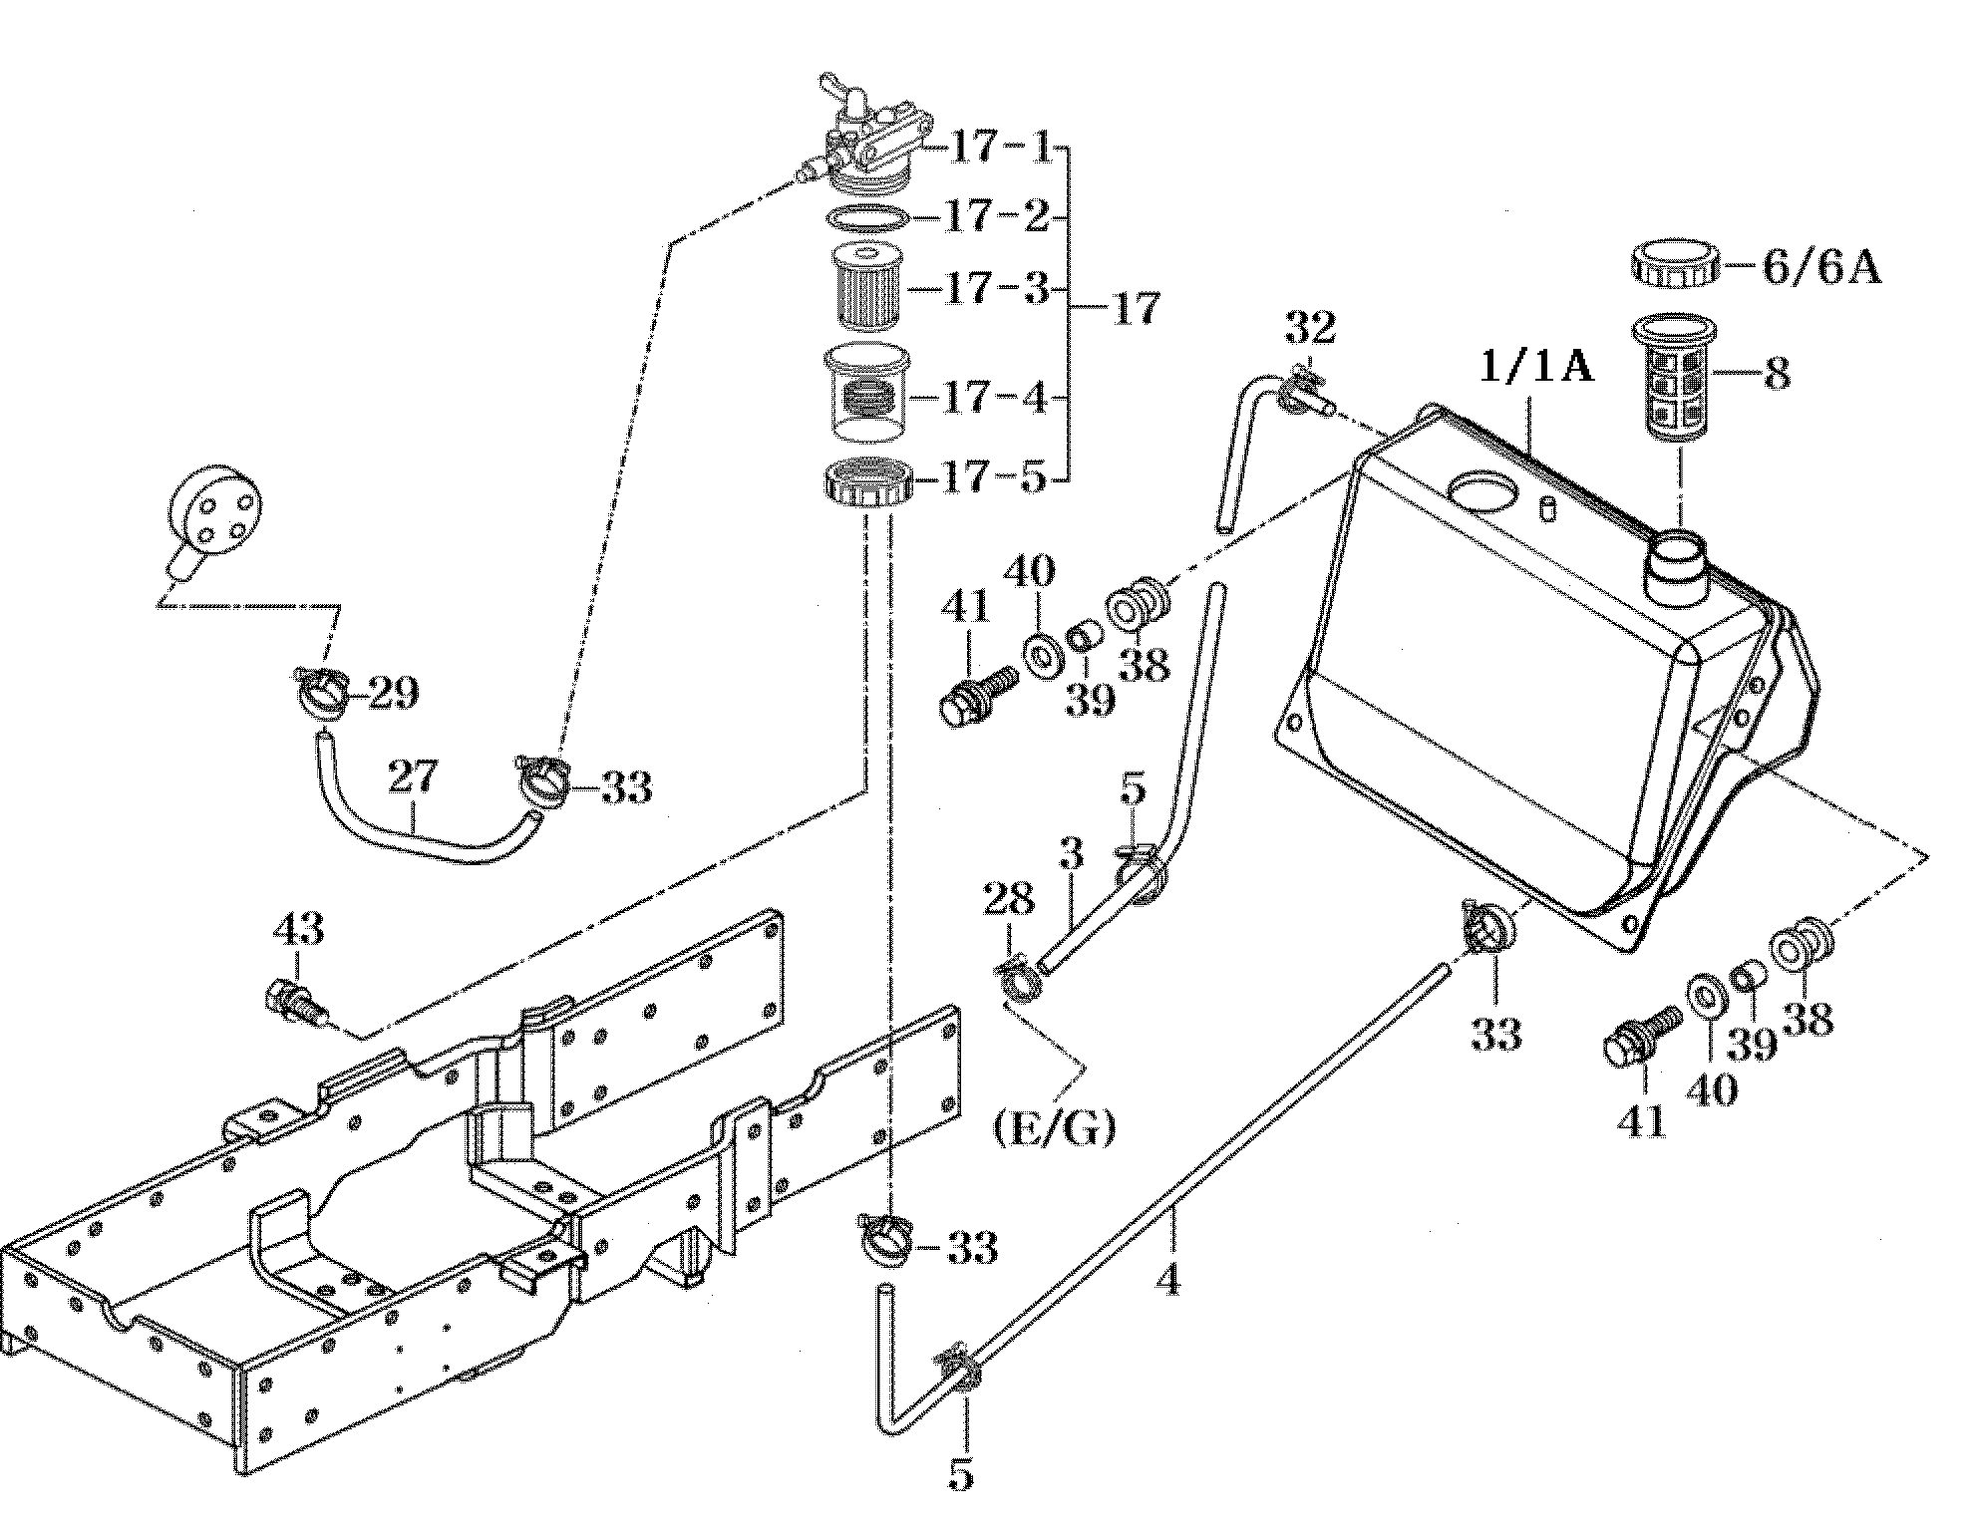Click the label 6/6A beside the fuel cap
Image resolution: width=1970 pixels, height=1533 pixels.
[x=1821, y=268]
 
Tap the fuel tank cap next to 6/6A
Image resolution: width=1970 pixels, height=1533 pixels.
[x=1676, y=260]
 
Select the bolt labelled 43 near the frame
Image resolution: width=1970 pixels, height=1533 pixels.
[x=296, y=1002]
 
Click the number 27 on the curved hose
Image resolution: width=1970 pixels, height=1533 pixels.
[x=413, y=776]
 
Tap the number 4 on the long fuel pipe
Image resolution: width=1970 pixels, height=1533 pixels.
[x=1167, y=1279]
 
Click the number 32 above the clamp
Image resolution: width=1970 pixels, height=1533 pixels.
[x=1309, y=326]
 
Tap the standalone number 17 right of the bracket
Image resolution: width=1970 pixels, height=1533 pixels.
[x=1136, y=308]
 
